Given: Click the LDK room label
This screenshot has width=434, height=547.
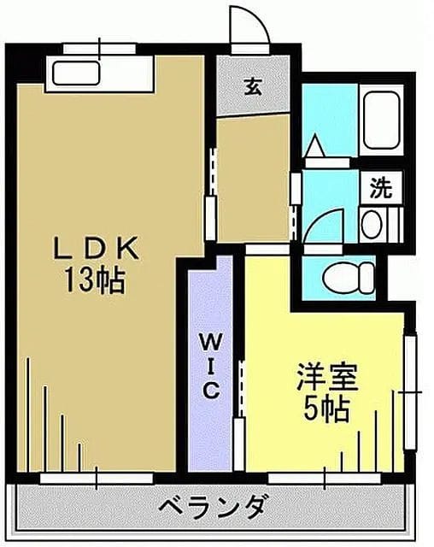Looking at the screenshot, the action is (x=96, y=248).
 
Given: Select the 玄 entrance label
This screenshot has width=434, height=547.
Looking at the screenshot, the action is (x=253, y=86).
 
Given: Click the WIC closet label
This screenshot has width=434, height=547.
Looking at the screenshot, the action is (x=210, y=366).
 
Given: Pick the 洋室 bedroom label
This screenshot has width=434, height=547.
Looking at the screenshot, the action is (x=327, y=377).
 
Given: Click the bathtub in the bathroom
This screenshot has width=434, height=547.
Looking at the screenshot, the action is (x=381, y=120).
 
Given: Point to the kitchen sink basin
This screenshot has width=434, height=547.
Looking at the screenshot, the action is (x=76, y=73).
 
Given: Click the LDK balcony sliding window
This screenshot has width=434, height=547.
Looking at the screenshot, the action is (x=97, y=478).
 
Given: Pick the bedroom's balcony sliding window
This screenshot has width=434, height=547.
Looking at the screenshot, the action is (x=325, y=478).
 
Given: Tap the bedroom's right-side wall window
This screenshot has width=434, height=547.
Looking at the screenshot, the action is (x=411, y=392).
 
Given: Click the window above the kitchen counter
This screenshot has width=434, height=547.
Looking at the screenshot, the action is (x=100, y=49).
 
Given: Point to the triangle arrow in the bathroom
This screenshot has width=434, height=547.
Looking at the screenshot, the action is (x=314, y=145).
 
